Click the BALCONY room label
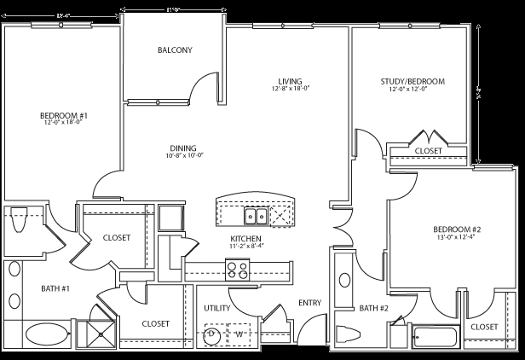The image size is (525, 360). click(175, 50)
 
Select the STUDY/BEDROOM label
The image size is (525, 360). click(412, 83)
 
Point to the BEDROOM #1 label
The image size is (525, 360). click(64, 116)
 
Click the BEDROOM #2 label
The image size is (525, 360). click(457, 230)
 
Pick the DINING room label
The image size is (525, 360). click(182, 147)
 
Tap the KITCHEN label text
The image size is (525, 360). click(245, 238)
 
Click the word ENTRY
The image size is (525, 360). click(309, 303)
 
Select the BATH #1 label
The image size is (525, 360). click(55, 288)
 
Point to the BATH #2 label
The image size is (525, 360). click(374, 308)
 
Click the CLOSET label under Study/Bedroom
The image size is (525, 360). click(428, 151)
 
